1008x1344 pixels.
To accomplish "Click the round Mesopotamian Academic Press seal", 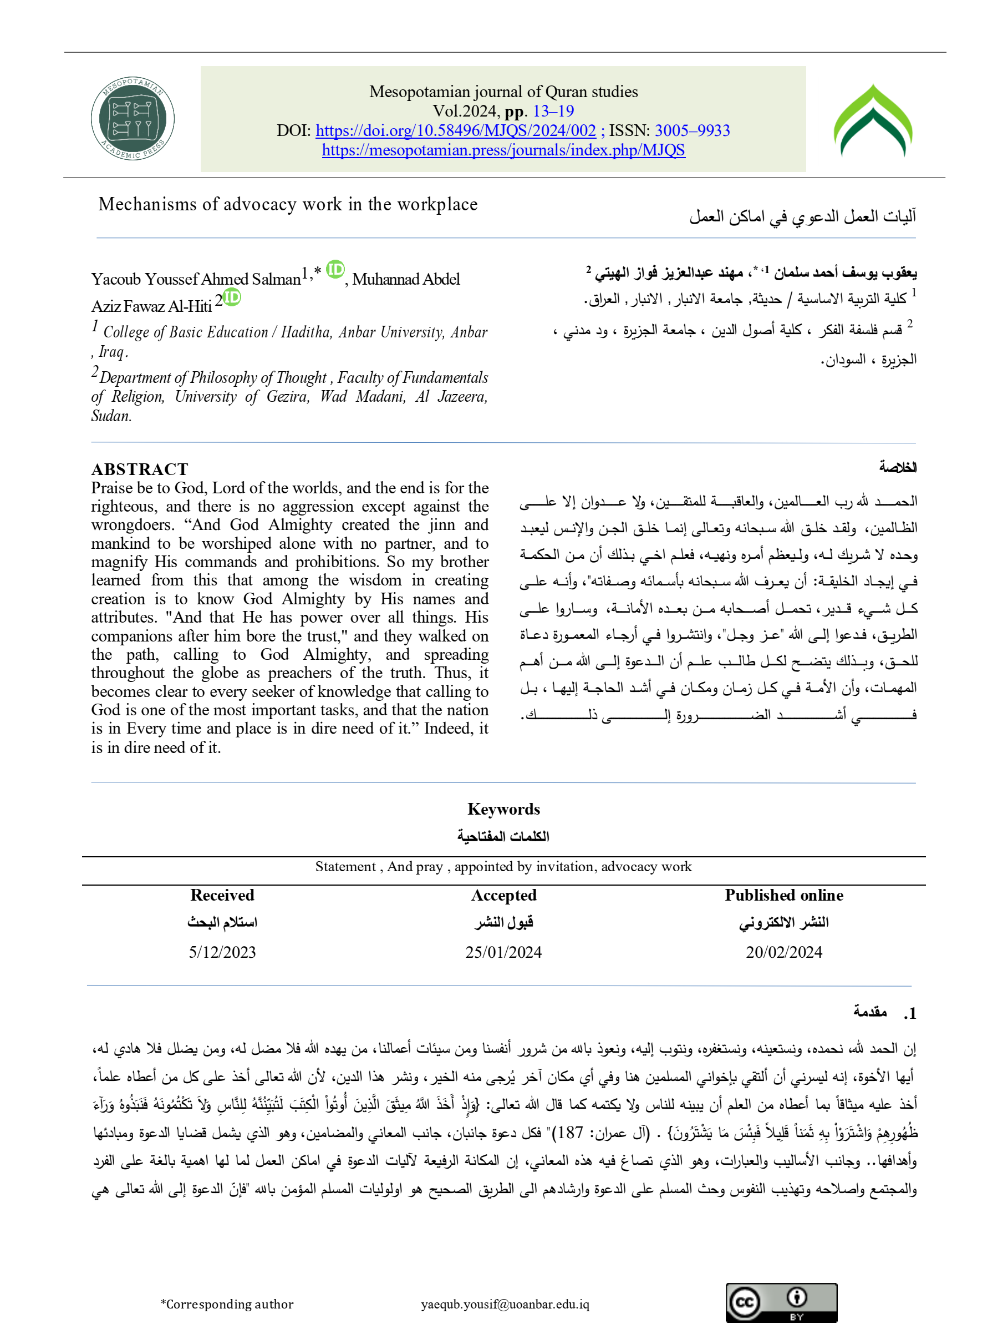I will click(x=133, y=119).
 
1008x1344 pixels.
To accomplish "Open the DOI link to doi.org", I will click(x=455, y=130).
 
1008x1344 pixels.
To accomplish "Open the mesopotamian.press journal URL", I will click(x=503, y=150).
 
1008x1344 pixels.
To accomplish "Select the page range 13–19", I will click(x=553, y=111).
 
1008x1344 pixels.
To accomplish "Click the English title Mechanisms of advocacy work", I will click(x=288, y=204).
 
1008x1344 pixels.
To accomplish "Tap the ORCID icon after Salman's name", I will click(x=335, y=269).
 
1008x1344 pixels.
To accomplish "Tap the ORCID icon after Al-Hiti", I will click(x=232, y=297).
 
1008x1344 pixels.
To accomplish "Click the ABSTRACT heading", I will click(x=140, y=469).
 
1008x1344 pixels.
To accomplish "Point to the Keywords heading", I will click(x=503, y=809).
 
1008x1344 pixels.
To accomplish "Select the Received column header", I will click(x=222, y=895).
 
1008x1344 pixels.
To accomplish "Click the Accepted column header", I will click(x=503, y=895).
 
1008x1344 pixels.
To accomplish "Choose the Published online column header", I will click(x=783, y=895).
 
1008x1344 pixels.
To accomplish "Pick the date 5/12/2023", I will click(x=222, y=952).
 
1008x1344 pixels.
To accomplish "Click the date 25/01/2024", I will click(x=503, y=952).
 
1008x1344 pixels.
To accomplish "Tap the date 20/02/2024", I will click(x=783, y=952).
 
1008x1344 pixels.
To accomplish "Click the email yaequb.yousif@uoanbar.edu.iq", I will click(x=505, y=1305).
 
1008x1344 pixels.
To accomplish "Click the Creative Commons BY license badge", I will click(x=781, y=1303).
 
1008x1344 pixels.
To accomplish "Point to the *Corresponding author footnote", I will click(x=227, y=1305).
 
